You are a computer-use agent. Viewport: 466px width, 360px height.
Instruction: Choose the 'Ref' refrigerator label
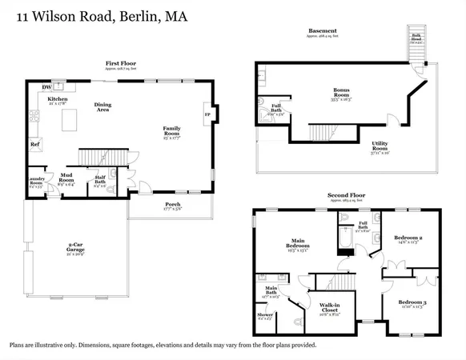35,145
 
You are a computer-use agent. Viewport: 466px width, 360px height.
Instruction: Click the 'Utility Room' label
380,146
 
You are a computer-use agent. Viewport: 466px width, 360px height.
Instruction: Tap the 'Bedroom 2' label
408,238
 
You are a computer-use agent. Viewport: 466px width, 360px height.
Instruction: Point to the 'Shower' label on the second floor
265,314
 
